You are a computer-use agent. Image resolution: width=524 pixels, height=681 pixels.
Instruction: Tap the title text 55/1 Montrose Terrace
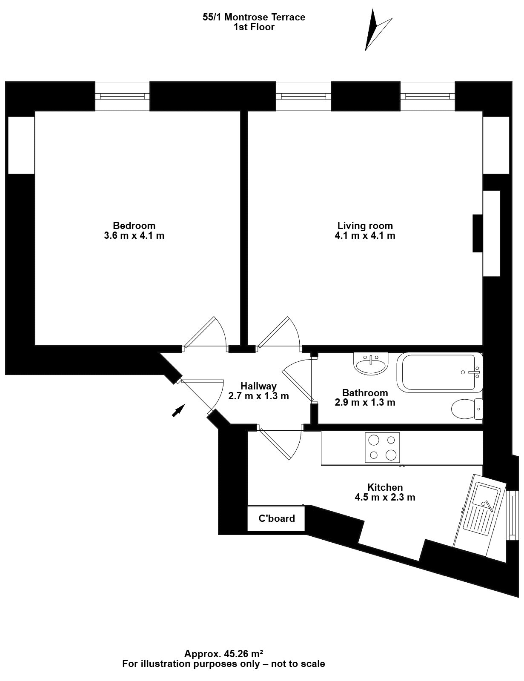[254, 17]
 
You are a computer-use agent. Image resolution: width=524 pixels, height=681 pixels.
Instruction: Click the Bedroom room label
[134, 225]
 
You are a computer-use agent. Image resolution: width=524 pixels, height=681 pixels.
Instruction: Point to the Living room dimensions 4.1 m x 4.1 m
[365, 235]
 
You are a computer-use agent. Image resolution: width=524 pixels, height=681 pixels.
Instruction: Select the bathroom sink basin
[371, 363]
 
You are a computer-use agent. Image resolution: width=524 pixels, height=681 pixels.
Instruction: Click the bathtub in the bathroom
[439, 372]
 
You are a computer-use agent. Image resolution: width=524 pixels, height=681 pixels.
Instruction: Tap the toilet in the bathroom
[467, 409]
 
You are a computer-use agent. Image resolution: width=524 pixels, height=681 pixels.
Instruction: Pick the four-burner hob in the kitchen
[382, 448]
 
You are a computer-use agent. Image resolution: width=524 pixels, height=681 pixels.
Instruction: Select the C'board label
[277, 518]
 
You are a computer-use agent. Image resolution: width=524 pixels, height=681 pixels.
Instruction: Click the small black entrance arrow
[179, 411]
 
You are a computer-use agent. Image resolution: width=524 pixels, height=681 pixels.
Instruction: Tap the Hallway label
[258, 386]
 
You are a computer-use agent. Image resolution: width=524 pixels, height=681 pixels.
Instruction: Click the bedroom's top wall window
[122, 96]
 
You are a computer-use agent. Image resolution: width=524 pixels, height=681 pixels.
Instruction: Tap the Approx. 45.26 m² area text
[223, 653]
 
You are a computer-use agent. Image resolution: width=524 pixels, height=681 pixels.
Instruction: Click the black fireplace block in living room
[478, 233]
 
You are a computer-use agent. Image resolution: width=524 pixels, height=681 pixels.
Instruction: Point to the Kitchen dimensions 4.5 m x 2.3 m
[385, 497]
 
